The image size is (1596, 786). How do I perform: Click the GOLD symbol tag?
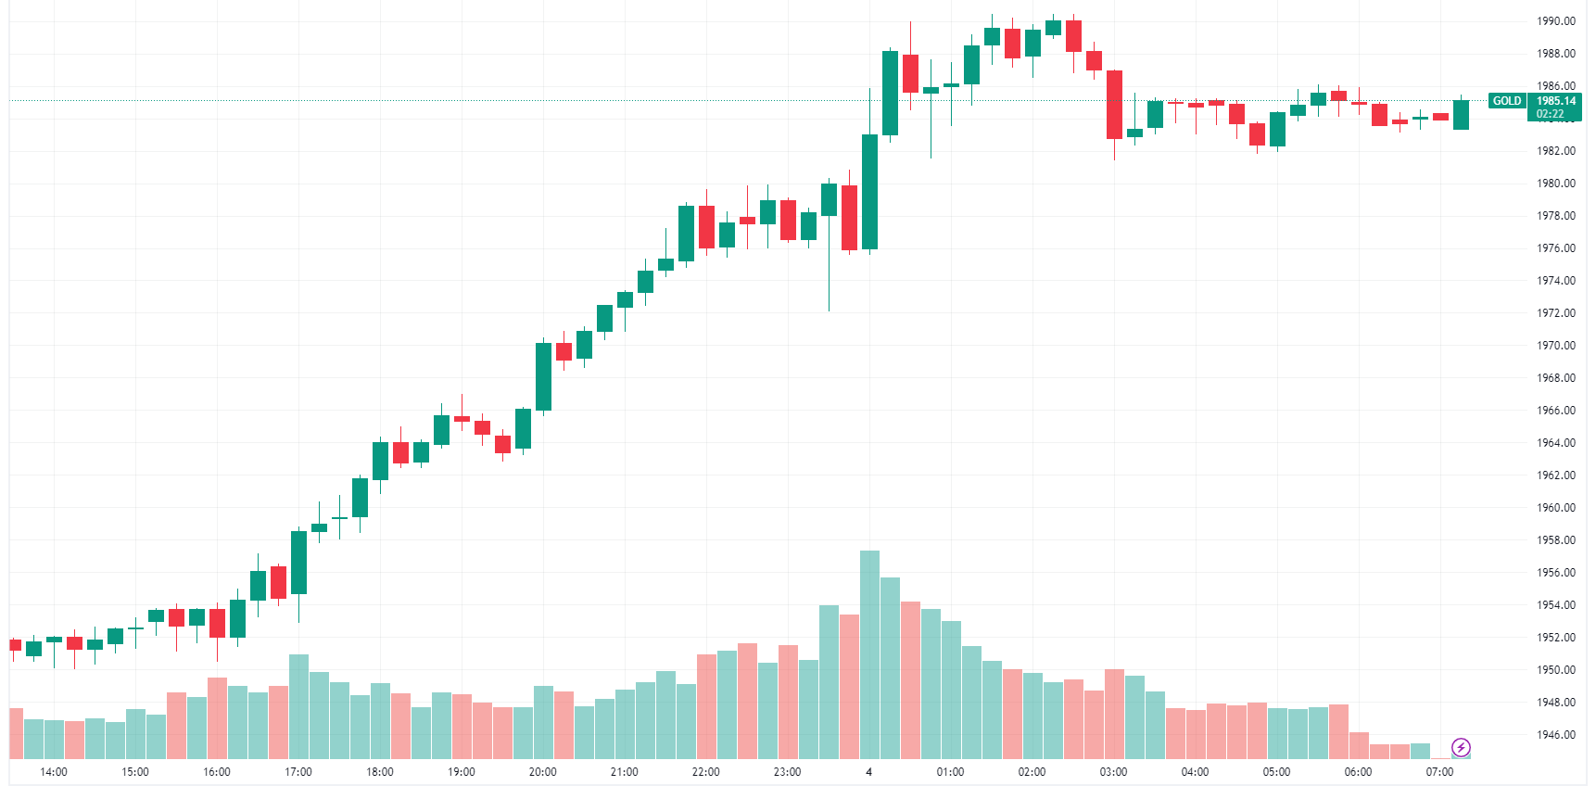[x=1506, y=101]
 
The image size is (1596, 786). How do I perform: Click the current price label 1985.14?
[x=1556, y=101]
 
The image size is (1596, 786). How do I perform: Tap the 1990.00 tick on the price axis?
[x=1556, y=21]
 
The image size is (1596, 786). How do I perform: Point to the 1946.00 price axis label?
[x=1556, y=735]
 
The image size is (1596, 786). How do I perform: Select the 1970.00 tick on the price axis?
[x=1556, y=346]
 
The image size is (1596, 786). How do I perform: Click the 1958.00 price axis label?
[x=1556, y=540]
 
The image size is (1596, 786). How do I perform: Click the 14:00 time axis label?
[x=54, y=772]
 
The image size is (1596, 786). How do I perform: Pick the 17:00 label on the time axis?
[x=298, y=772]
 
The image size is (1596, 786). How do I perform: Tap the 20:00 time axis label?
[x=543, y=772]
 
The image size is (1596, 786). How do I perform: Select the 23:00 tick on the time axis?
[x=788, y=772]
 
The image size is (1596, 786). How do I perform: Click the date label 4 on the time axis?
[x=869, y=772]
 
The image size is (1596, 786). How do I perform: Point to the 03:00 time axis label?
[x=1114, y=772]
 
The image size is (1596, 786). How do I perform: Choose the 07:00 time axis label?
[x=1440, y=772]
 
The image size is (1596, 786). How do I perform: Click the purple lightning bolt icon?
[x=1461, y=748]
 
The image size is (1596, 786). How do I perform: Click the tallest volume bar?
[x=869, y=653]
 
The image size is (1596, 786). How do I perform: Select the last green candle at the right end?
[x=1461, y=115]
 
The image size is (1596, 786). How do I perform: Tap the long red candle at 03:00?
[x=1114, y=105]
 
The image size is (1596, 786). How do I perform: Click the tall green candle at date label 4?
[x=869, y=192]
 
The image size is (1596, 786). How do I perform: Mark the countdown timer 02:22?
[x=1550, y=115]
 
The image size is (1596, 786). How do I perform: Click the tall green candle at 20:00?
[x=543, y=376]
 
